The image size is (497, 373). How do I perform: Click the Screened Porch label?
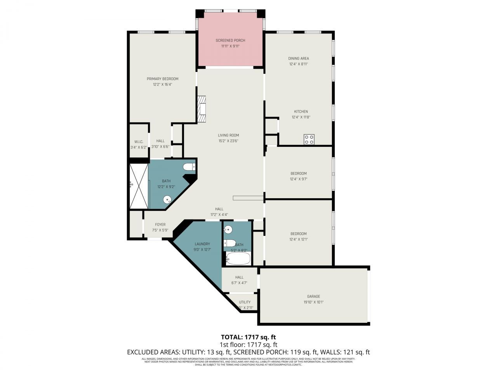[230, 40]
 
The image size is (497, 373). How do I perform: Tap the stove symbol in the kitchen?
[309, 139]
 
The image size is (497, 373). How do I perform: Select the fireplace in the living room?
[201, 110]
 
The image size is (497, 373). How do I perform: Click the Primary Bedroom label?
[162, 79]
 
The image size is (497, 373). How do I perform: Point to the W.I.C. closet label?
[139, 141]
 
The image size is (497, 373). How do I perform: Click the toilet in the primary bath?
[189, 167]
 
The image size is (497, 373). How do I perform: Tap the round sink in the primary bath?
[168, 200]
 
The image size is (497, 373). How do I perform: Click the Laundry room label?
[202, 244]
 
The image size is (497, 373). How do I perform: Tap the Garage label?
[313, 296]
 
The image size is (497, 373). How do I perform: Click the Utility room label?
[245, 302]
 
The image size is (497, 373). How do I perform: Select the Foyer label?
[160, 225]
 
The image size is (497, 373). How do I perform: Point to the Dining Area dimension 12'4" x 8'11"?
[299, 64]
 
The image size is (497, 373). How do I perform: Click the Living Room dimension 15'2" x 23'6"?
[228, 141]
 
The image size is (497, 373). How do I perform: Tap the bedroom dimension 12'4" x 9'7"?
[298, 179]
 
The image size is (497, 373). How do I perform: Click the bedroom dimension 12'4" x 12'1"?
[298, 239]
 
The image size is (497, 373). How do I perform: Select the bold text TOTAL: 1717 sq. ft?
[248, 337]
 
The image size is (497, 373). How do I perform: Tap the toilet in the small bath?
[230, 244]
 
